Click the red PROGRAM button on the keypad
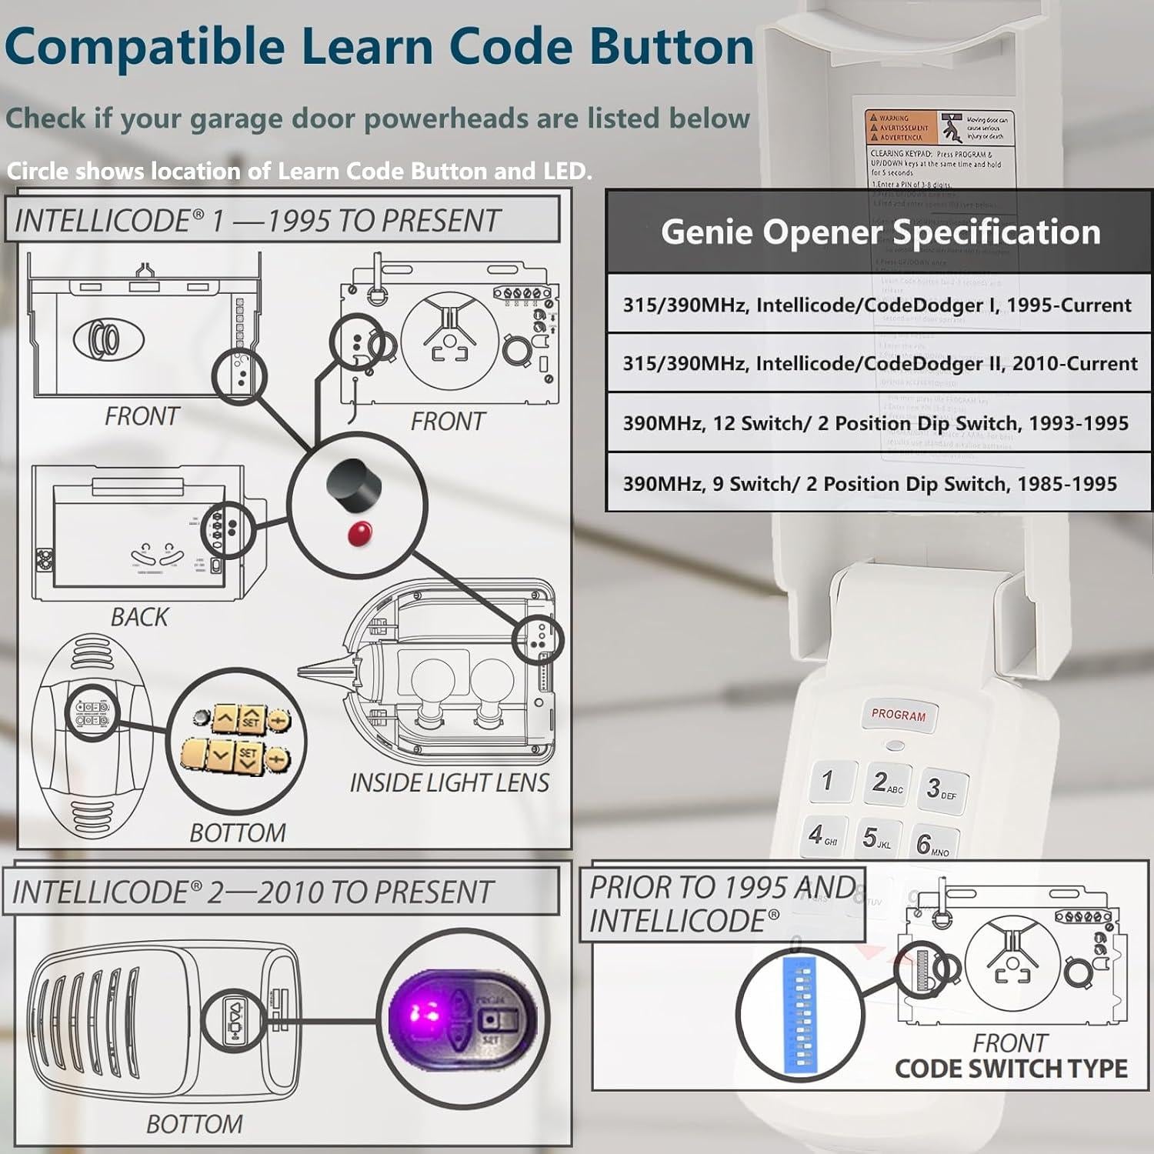pyautogui.click(x=899, y=715)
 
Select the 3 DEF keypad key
pyautogui.click(x=940, y=789)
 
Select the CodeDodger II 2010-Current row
pyautogui.click(x=879, y=363)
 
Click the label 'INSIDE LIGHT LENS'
pyautogui.click(x=449, y=782)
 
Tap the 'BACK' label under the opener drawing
pyautogui.click(x=139, y=617)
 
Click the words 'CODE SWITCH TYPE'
pyautogui.click(x=1011, y=1069)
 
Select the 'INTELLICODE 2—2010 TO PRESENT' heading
pyautogui.click(x=252, y=892)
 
